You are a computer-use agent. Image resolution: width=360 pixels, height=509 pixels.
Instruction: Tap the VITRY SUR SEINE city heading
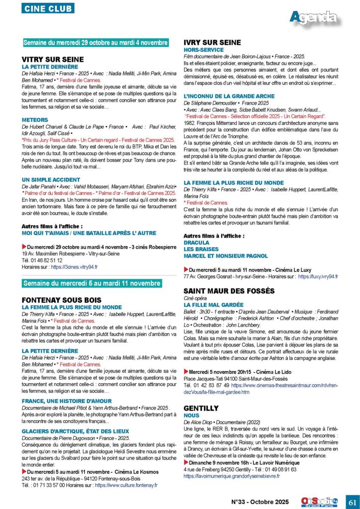[x=53, y=60]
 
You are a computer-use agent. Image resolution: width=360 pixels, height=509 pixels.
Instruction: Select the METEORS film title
[x=35, y=120]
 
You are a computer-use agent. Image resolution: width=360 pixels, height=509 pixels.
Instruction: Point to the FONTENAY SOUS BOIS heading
[x=62, y=300]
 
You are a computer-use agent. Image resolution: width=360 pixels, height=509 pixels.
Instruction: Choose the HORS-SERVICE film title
[x=204, y=50]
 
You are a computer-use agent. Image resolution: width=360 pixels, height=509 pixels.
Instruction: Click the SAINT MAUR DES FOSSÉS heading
[x=229, y=291]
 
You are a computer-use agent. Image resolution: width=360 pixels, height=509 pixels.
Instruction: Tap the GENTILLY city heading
[x=201, y=408]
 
